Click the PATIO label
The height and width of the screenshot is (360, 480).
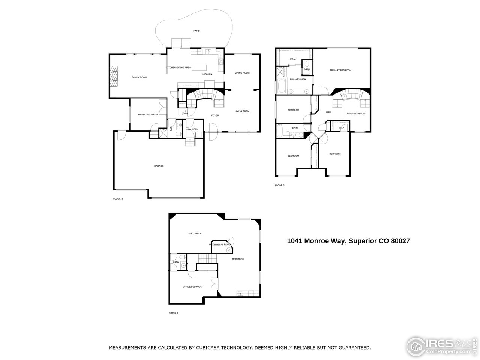click(x=196, y=31)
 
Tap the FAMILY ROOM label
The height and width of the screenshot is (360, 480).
click(x=139, y=77)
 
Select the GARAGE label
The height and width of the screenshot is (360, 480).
click(x=159, y=166)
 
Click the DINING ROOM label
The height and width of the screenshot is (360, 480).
click(x=242, y=73)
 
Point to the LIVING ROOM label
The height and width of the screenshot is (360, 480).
click(x=242, y=111)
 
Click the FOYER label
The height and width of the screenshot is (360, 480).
click(x=215, y=115)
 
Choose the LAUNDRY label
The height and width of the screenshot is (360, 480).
click(x=193, y=129)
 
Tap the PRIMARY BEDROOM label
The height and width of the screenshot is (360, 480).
click(x=340, y=70)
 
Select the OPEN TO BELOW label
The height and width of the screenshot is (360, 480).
click(x=356, y=114)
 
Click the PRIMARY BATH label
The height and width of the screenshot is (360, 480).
click(x=298, y=79)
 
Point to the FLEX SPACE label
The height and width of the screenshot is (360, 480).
click(x=195, y=233)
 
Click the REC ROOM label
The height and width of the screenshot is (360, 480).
click(x=238, y=259)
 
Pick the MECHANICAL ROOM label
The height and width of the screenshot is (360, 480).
click(x=220, y=244)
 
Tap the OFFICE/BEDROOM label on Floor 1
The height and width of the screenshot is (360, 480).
click(x=192, y=286)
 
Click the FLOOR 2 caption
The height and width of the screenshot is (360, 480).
click(x=118, y=199)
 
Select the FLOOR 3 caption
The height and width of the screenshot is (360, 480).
click(x=280, y=185)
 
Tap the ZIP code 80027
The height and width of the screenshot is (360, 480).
click(x=400, y=241)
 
